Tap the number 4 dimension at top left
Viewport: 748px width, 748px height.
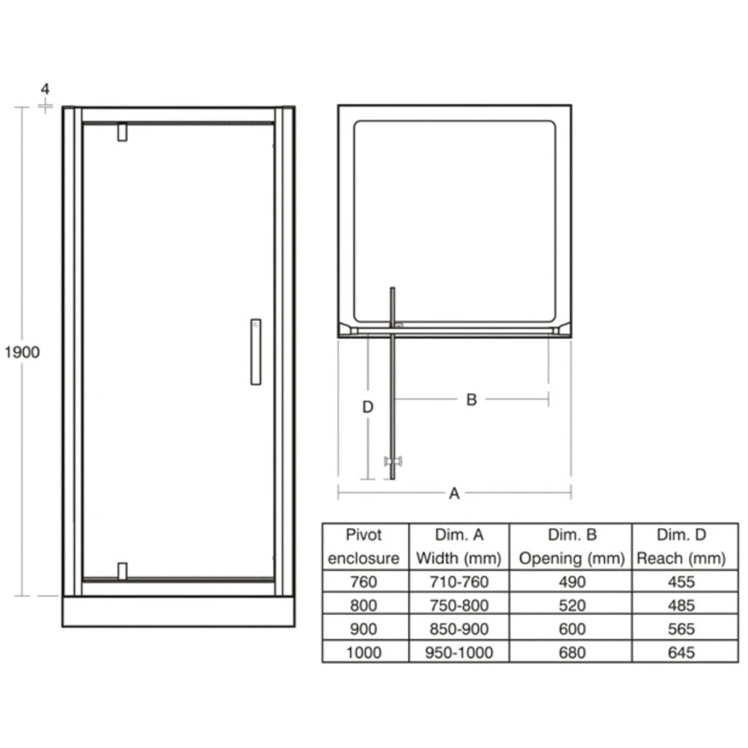[45, 89]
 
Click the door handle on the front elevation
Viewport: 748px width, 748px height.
[255, 351]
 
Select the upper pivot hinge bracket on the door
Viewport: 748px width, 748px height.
[122, 132]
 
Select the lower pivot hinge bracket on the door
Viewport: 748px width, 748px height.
[122, 571]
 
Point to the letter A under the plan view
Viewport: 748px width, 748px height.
[454, 494]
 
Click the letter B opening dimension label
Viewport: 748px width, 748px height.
[470, 400]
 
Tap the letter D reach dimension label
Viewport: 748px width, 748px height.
[367, 407]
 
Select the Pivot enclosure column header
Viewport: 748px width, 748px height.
[364, 546]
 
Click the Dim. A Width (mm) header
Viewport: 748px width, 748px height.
[458, 546]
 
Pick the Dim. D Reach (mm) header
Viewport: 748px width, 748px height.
[681, 546]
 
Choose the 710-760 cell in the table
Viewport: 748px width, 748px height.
[458, 582]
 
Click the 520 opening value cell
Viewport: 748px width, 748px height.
[572, 606]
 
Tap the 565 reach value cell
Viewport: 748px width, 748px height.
[681, 629]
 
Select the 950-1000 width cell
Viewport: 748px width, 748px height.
[458, 653]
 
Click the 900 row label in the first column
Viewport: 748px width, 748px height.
[364, 629]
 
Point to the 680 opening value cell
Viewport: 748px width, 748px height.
[572, 653]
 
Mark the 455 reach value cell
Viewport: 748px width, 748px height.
[681, 582]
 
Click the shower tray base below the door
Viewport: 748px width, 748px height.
[178, 612]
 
